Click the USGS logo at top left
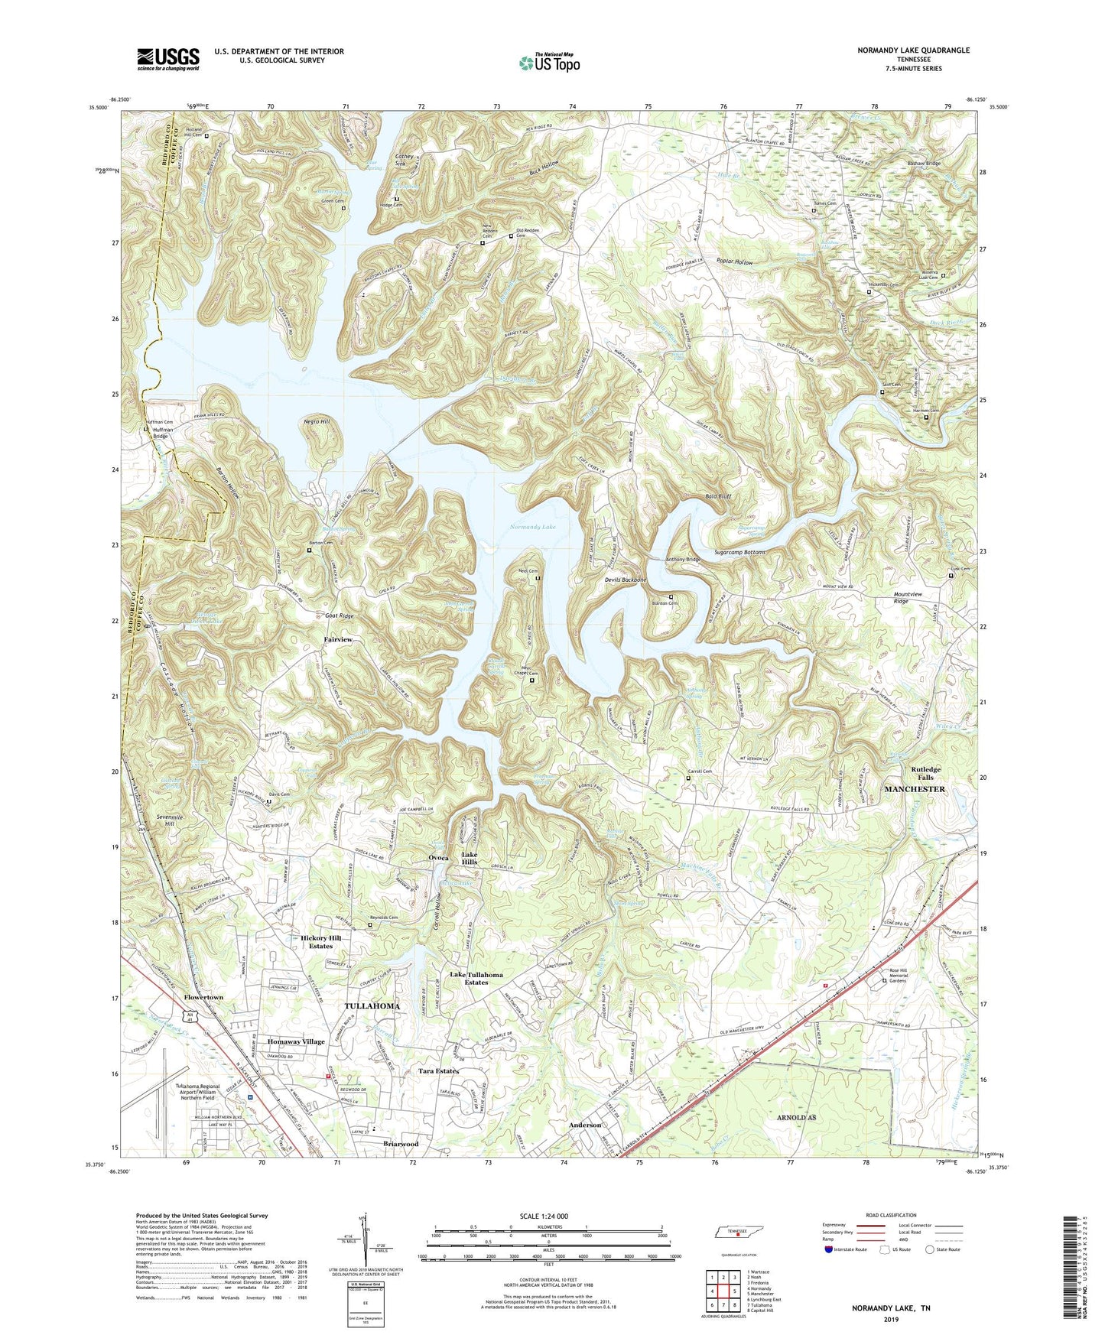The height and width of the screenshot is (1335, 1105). pos(167,59)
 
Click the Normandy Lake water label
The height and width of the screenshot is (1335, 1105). pos(534,527)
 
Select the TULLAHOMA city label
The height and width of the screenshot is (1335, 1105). pos(372,1006)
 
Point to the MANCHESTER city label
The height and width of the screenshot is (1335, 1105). pos(915,788)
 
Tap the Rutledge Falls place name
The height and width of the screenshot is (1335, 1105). pos(926,773)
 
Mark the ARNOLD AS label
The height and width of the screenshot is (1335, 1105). pos(795,1117)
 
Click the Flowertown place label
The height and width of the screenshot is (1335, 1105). pos(203,998)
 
